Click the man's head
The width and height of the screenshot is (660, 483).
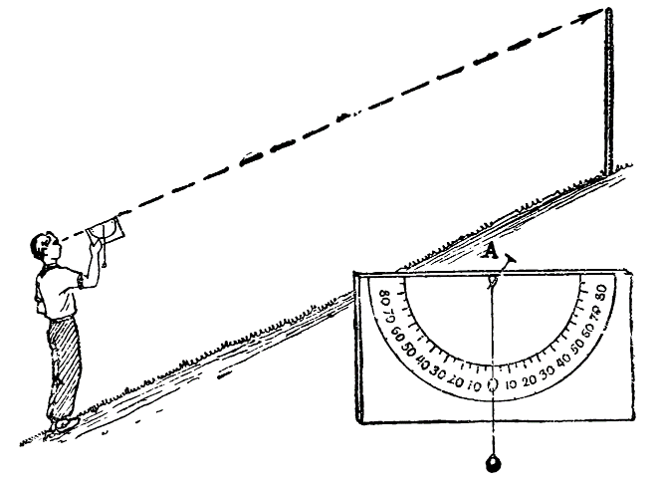coord(46,250)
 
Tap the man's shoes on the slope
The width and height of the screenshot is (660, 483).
coord(63,423)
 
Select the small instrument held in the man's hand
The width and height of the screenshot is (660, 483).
coord(106,232)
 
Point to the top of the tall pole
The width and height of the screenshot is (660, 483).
coord(607,12)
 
